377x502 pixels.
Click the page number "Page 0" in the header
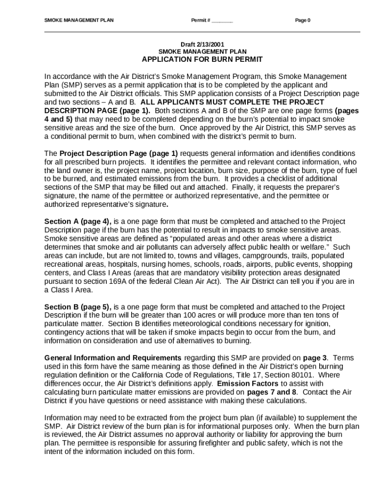[x=303, y=21]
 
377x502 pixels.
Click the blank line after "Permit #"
[x=222, y=21]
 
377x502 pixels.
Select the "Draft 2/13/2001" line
[x=202, y=44]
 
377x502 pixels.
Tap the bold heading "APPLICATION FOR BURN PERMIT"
[x=202, y=59]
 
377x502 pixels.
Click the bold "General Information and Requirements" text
[x=113, y=357]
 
